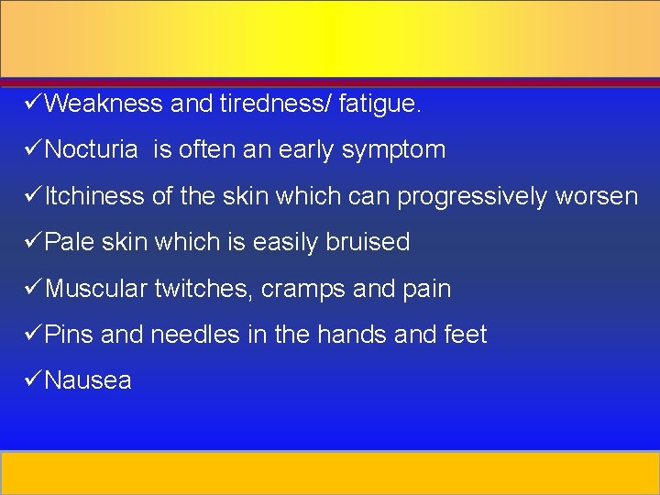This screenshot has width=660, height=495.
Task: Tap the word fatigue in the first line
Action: click(379, 104)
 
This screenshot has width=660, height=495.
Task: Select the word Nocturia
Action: click(92, 149)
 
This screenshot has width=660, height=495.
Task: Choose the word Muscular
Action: click(96, 289)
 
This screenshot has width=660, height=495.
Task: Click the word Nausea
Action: click(88, 380)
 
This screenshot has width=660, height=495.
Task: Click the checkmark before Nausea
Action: click(33, 379)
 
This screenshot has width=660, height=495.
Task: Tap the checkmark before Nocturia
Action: click(33, 148)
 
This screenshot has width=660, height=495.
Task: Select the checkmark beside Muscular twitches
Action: click(33, 287)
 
